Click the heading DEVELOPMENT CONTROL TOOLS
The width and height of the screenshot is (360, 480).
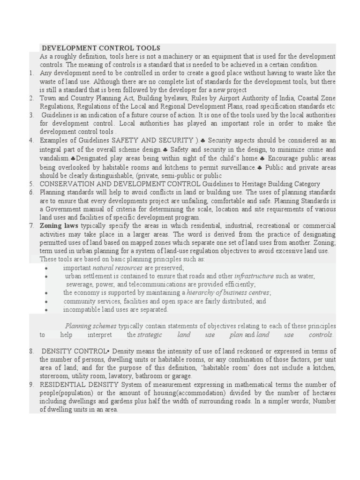pos(101,48)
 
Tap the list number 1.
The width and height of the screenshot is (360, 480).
pos(31,73)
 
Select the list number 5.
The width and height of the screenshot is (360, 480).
pos(31,184)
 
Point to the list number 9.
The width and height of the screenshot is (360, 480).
pos(31,385)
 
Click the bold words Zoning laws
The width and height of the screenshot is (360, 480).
pos(59,226)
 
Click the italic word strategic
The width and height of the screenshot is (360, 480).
pos(150,335)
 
